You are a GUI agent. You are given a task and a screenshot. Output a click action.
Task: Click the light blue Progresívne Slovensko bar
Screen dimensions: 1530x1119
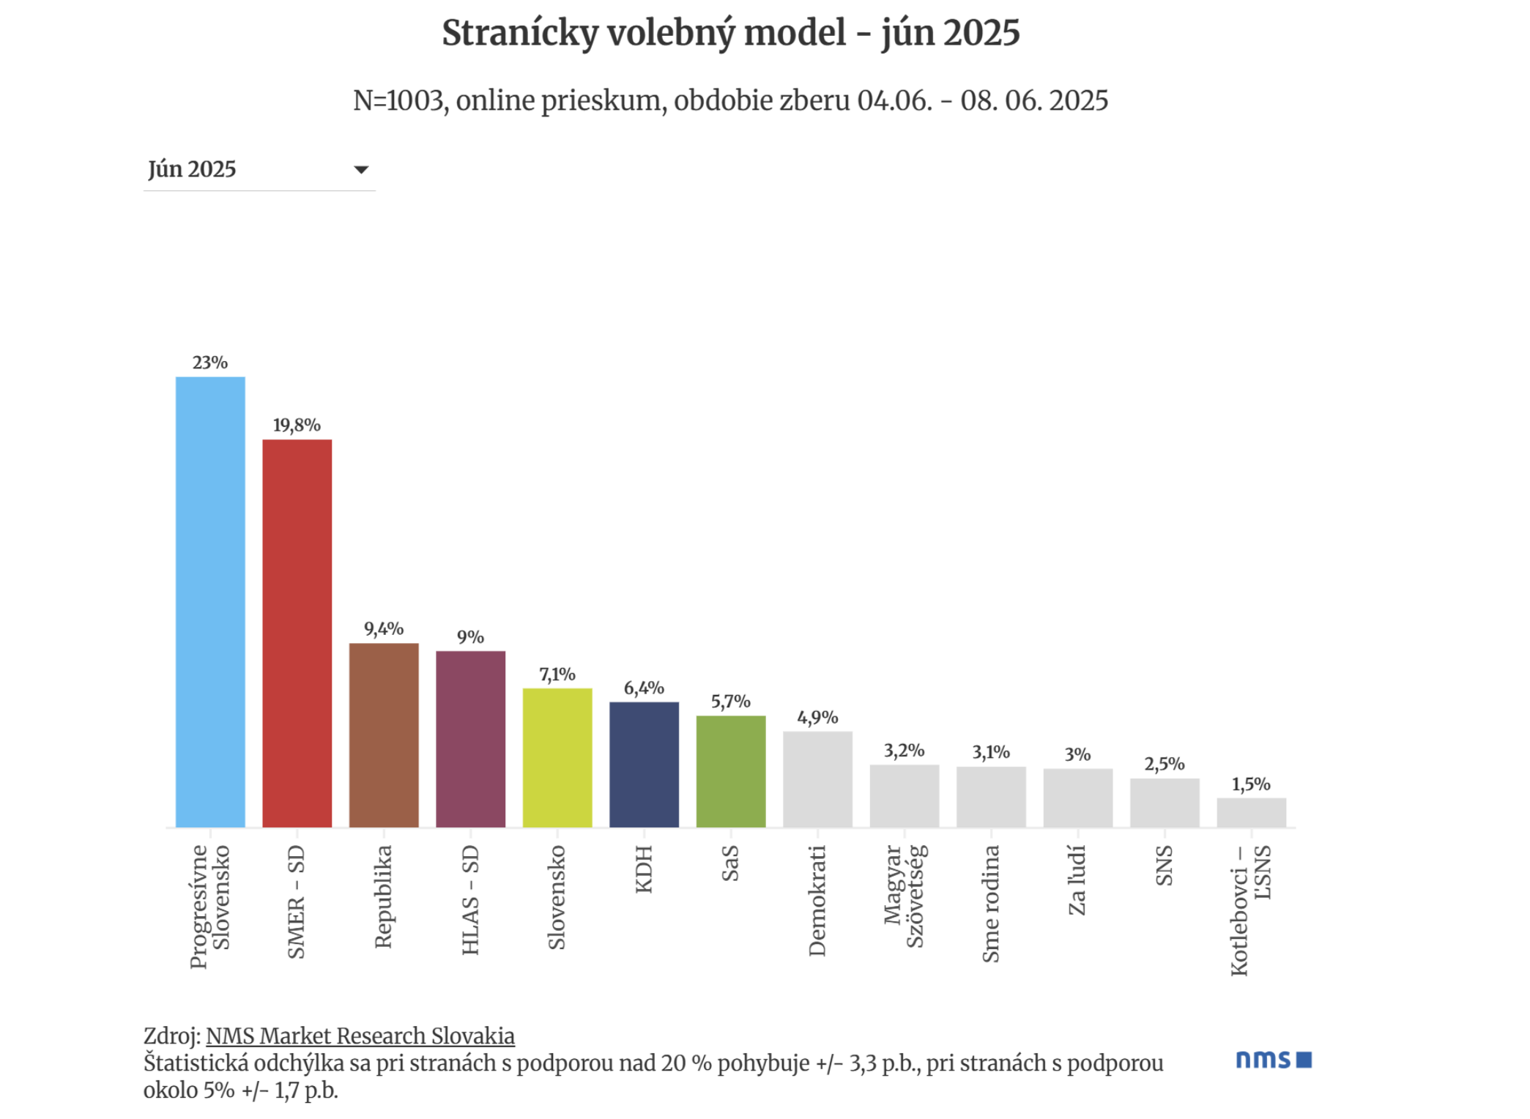point(210,602)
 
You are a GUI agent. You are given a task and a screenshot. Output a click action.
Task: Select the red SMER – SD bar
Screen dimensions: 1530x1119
point(297,633)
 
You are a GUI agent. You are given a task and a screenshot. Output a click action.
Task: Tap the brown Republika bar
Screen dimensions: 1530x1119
point(384,735)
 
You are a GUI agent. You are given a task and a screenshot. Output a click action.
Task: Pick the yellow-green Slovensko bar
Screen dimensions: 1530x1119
point(557,758)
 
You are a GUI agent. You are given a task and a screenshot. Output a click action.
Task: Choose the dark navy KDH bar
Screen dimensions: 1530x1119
point(645,765)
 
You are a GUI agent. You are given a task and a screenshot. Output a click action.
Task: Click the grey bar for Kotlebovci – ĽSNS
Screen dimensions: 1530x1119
point(1252,813)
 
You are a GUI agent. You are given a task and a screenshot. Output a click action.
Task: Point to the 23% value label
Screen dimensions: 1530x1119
point(210,363)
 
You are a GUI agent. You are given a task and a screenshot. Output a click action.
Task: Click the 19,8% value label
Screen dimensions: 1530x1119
point(297,425)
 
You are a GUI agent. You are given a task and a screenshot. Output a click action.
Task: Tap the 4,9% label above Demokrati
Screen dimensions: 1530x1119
point(817,718)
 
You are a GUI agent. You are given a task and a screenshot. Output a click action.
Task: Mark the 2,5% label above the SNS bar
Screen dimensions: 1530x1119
point(1165,765)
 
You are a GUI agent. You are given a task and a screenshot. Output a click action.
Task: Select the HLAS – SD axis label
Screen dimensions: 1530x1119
point(470,900)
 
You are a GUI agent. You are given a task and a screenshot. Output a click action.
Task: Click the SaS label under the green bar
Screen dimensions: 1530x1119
point(730,863)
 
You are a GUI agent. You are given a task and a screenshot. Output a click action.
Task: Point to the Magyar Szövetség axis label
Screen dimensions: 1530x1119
point(905,896)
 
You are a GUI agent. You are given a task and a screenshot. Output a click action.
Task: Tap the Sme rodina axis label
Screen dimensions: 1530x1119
point(991,904)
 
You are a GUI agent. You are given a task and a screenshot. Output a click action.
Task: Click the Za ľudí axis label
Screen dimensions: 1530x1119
point(1077,880)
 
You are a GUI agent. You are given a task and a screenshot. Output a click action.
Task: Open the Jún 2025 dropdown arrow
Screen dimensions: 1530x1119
point(361,170)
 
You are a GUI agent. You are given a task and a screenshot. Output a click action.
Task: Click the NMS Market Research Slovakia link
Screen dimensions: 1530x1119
point(360,1036)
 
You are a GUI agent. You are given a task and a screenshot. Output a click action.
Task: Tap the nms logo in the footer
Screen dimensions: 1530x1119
point(1274,1060)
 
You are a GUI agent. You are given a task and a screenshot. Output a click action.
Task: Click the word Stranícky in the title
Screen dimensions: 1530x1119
point(519,34)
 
